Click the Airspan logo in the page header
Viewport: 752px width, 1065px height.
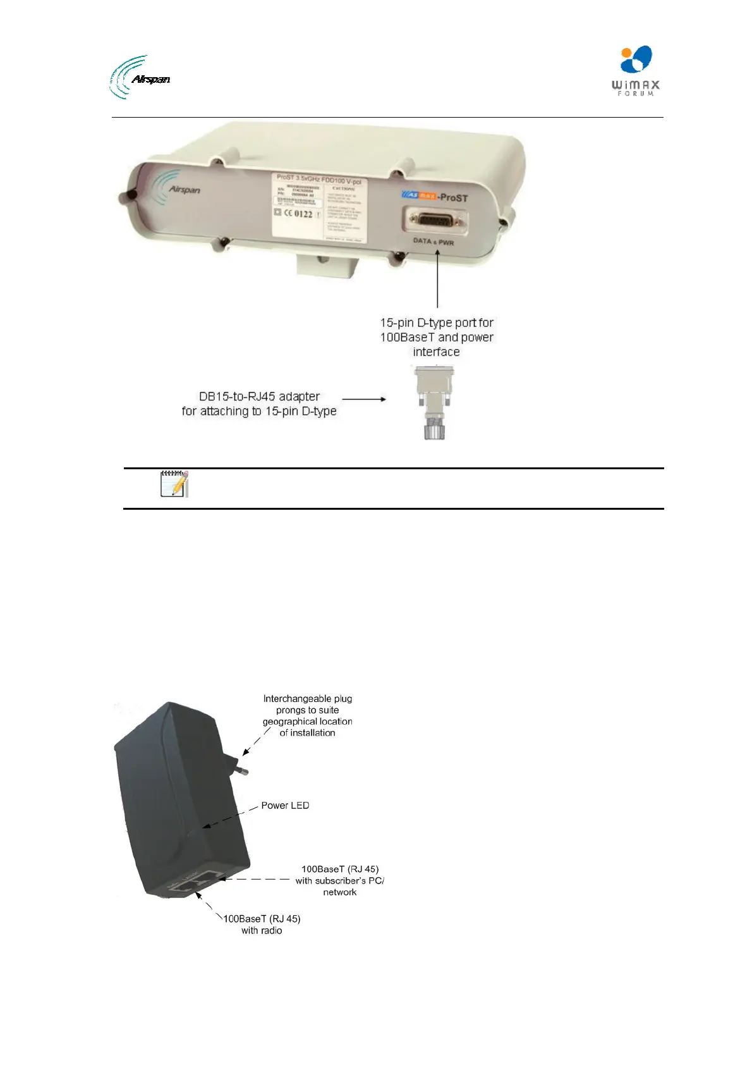[x=140, y=77]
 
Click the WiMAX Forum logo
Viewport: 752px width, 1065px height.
[x=635, y=71]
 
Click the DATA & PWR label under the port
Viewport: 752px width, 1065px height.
[x=434, y=242]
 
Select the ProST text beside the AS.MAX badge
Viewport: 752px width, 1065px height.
[x=454, y=197]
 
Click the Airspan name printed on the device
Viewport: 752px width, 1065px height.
[x=184, y=189]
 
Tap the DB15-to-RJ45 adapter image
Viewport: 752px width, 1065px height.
[x=434, y=403]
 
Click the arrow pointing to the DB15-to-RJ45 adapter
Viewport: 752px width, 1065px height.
[x=364, y=399]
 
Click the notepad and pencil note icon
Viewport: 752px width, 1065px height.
[x=174, y=484]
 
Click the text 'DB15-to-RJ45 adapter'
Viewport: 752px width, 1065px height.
[x=259, y=397]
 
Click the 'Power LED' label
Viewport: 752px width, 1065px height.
[x=285, y=805]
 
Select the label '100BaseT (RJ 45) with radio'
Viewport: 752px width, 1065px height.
[x=262, y=924]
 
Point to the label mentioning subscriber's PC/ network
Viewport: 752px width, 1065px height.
[x=340, y=880]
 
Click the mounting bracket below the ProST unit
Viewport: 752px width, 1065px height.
[x=327, y=265]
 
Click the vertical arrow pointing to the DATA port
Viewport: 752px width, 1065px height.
[x=437, y=279]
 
